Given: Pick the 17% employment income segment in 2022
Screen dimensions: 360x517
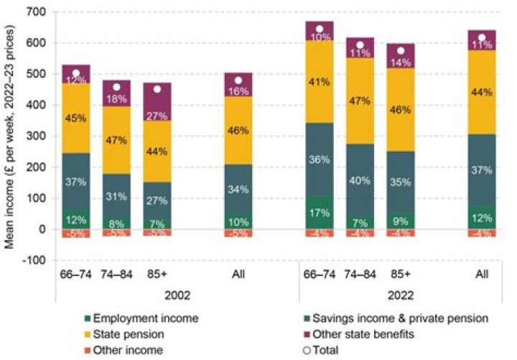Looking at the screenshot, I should point(320,213).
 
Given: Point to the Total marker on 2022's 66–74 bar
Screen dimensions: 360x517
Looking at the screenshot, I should point(320,29).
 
